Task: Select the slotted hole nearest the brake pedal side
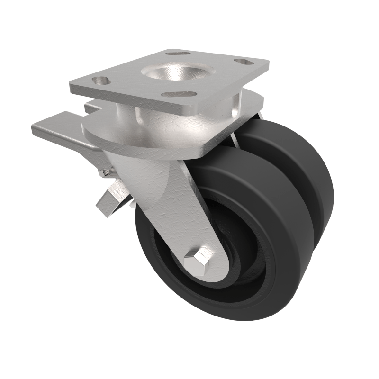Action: [x=100, y=81]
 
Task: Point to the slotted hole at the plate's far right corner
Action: [x=244, y=62]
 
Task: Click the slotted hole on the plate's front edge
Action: [x=179, y=94]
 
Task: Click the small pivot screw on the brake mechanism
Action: [x=103, y=174]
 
